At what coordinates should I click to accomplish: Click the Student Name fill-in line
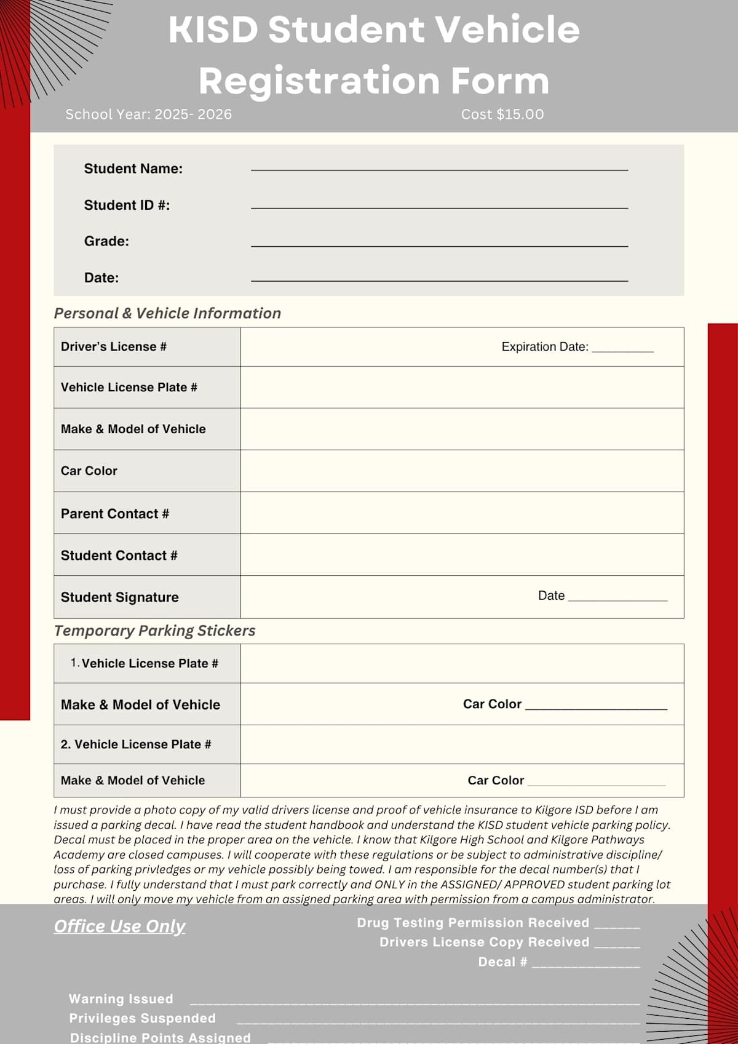pos(439,168)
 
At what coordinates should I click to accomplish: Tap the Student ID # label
pos(127,205)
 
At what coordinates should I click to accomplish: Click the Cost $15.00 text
pos(502,114)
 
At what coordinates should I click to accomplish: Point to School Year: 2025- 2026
pos(149,114)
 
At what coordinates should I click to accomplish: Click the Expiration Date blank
pos(622,349)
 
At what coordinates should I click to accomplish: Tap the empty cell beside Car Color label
pos(461,471)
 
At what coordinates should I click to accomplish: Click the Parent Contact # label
pos(115,514)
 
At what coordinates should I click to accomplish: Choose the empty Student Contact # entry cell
pos(461,555)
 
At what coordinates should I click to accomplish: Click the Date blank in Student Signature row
pos(617,598)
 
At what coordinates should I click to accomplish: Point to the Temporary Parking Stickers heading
pos(154,631)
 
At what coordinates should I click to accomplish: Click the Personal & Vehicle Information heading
pos(167,313)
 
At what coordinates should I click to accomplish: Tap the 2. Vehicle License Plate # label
pos(136,744)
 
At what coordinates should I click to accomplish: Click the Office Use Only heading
pos(119,926)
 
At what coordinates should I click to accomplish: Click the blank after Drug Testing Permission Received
pos(617,925)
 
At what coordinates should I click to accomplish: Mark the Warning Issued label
pos(121,999)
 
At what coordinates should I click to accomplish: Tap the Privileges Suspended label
pos(142,1018)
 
